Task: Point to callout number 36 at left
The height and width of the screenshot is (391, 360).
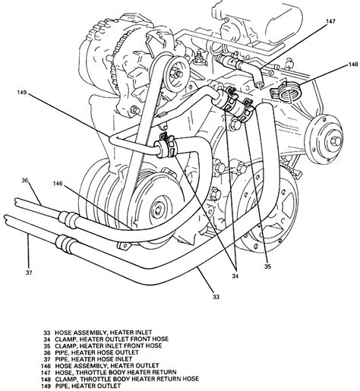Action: (x=25, y=180)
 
